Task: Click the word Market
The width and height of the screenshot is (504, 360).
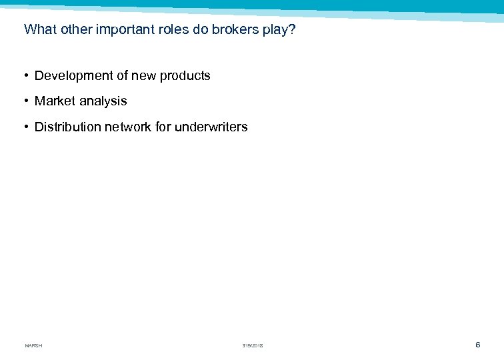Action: click(55, 101)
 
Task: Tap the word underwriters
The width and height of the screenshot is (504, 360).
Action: click(211, 127)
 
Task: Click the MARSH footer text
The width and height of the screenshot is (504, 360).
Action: click(33, 345)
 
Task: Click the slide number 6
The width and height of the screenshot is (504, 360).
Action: click(477, 344)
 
